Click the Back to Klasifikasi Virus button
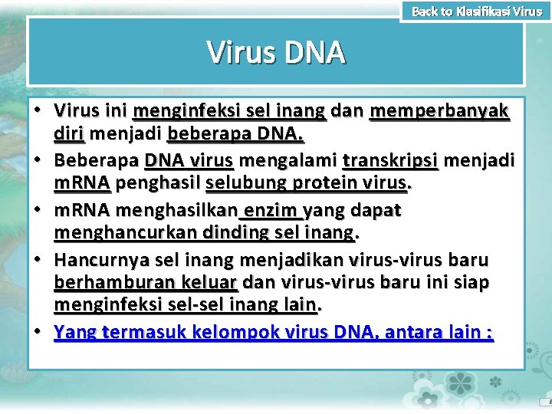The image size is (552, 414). tap(476, 11)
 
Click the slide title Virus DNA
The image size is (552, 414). tap(276, 53)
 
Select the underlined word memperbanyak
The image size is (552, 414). tap(439, 112)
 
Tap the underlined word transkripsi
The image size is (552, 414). tap(390, 160)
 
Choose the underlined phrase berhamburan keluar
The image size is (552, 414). tap(146, 283)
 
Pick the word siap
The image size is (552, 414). tap(473, 283)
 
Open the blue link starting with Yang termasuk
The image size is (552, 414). tap(274, 333)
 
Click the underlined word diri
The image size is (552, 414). tap(69, 136)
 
